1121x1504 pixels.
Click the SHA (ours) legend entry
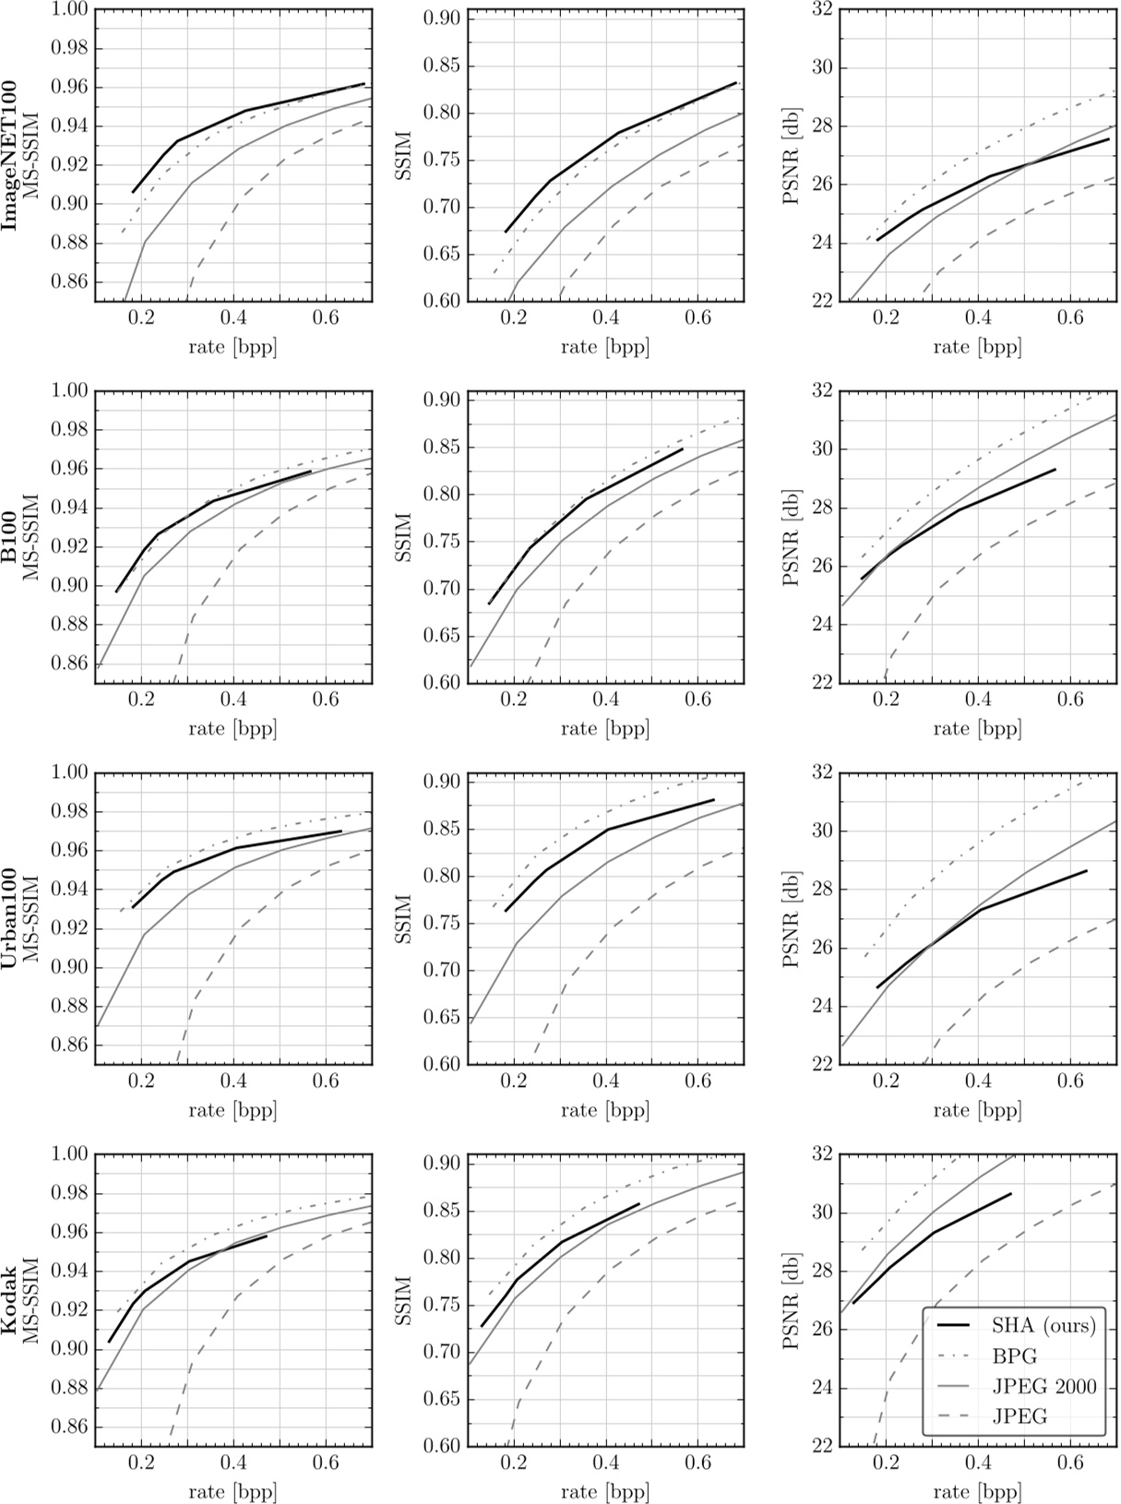coord(1043,1326)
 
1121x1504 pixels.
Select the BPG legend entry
coord(1015,1356)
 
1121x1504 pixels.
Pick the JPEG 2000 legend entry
coord(1043,1387)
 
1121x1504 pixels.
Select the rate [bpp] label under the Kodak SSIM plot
coord(605,1491)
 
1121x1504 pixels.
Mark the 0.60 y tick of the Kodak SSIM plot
coord(442,1445)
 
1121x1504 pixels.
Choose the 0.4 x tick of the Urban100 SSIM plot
coord(606,1080)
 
